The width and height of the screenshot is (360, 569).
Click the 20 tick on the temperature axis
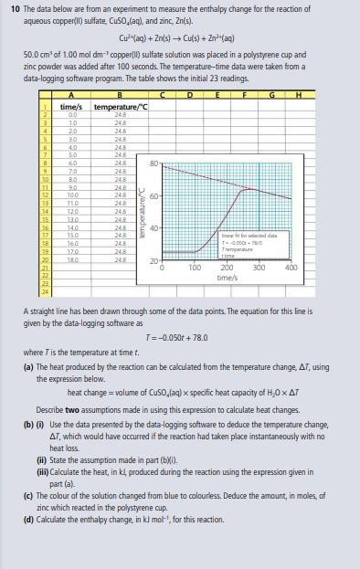[155, 263]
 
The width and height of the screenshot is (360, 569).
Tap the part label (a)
[27, 366]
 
